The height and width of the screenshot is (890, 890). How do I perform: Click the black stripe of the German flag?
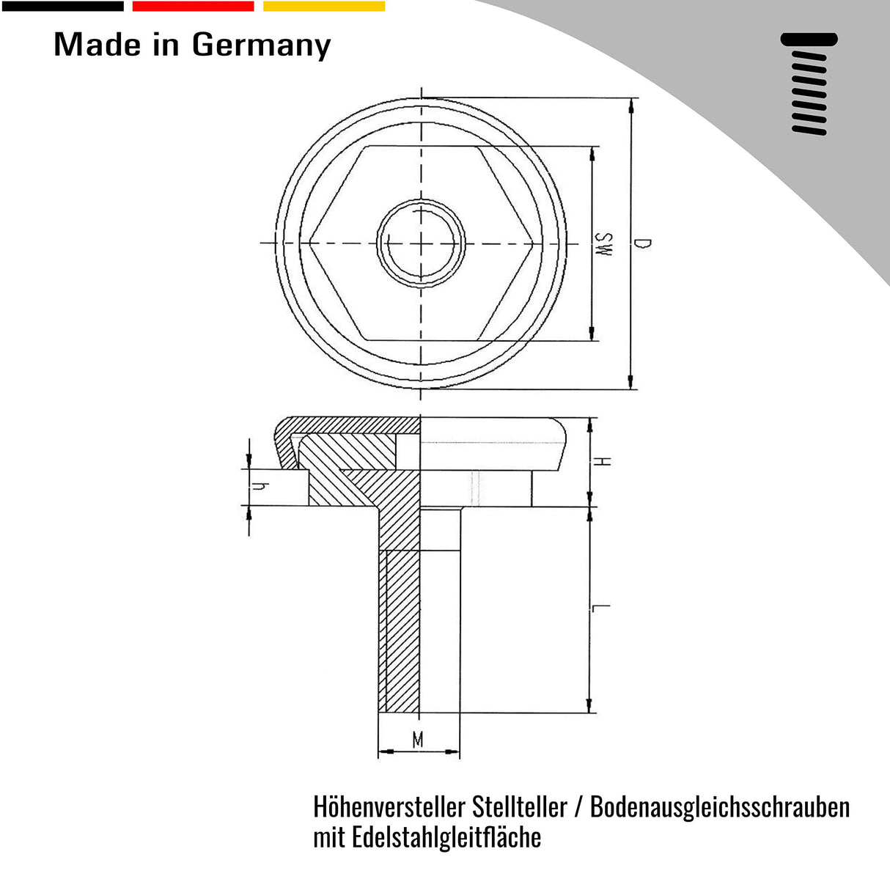click(63, 6)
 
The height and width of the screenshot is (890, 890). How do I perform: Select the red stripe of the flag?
click(193, 6)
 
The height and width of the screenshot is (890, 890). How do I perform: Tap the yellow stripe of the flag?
click(323, 6)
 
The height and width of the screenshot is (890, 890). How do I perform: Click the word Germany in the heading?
click(261, 45)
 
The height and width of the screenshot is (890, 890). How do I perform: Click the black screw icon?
click(809, 83)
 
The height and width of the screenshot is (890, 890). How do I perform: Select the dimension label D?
click(643, 243)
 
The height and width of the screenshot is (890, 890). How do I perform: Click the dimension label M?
click(418, 740)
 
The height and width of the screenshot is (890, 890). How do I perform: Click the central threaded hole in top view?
click(420, 243)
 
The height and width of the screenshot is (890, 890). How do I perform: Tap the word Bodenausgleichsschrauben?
click(720, 807)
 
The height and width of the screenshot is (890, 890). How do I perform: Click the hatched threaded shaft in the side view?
click(400, 630)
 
